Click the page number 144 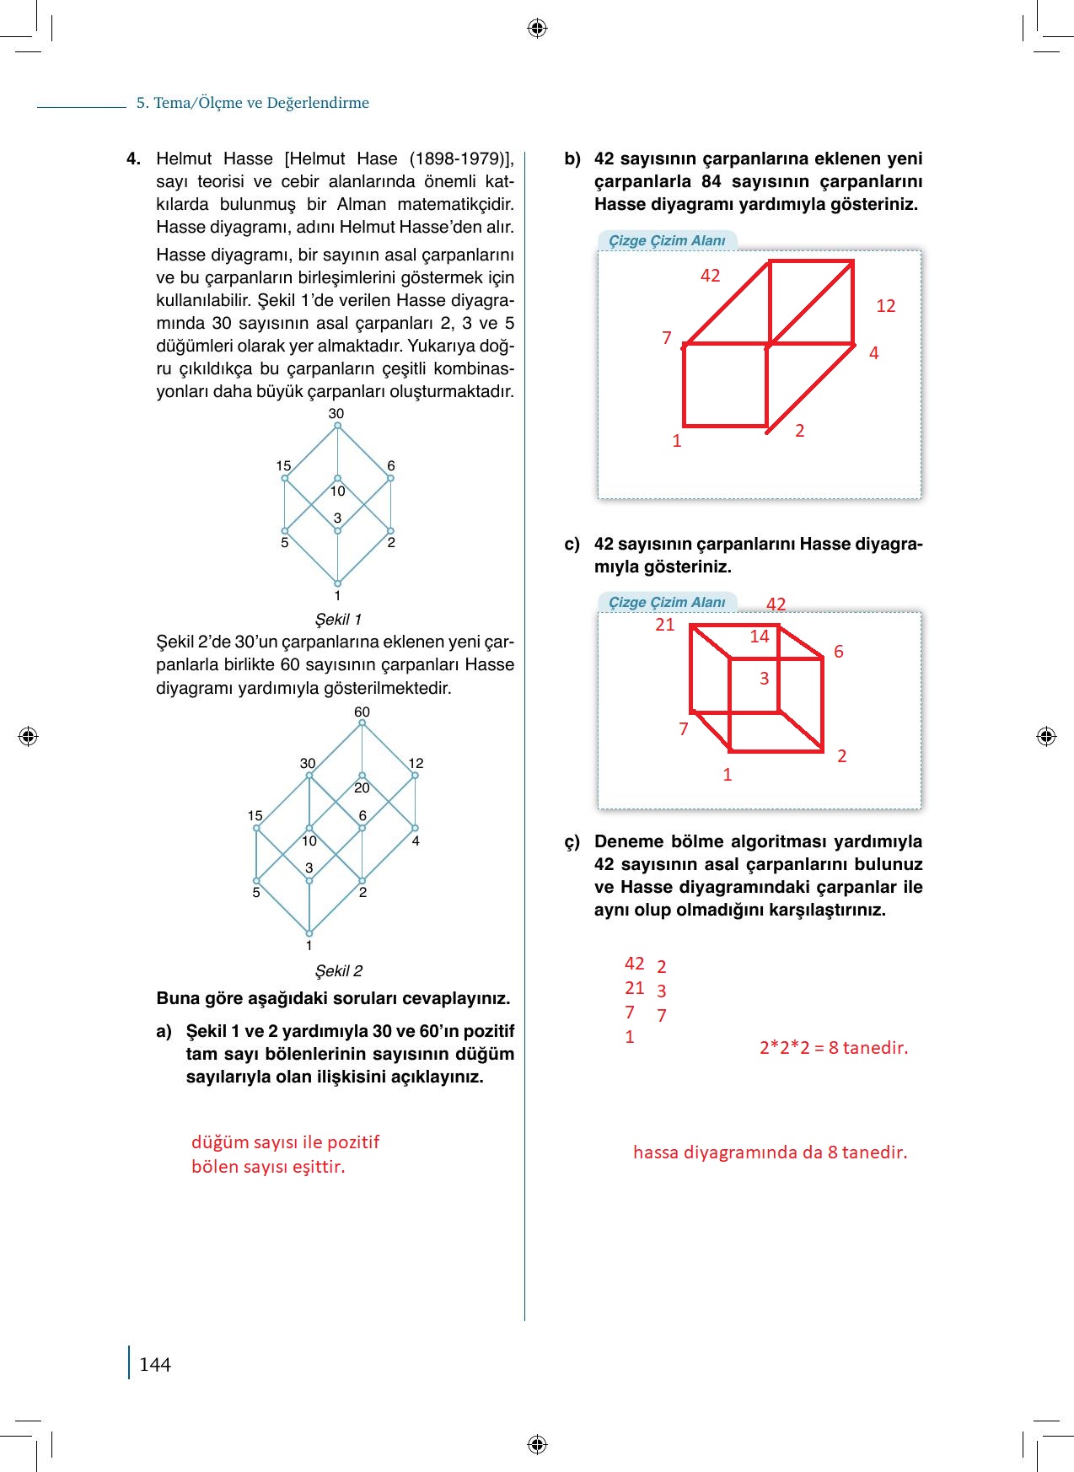[x=155, y=1364]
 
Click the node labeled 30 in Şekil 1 [x=337, y=425]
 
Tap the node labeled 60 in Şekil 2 [x=362, y=723]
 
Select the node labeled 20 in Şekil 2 [x=362, y=776]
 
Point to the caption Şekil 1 [x=338, y=620]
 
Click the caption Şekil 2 [x=338, y=971]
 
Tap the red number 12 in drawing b [x=885, y=306]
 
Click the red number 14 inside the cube [x=760, y=637]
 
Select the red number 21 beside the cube [x=665, y=625]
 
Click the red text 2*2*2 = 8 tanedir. [x=833, y=1048]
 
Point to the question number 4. [x=133, y=158]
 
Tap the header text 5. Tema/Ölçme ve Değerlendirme [x=253, y=103]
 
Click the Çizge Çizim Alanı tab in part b [x=667, y=240]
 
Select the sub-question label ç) [x=572, y=841]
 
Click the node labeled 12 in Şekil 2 [x=415, y=775]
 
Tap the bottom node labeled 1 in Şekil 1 [x=337, y=583]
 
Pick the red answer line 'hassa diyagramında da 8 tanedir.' [x=770, y=1152]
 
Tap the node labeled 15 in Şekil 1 [x=286, y=478]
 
